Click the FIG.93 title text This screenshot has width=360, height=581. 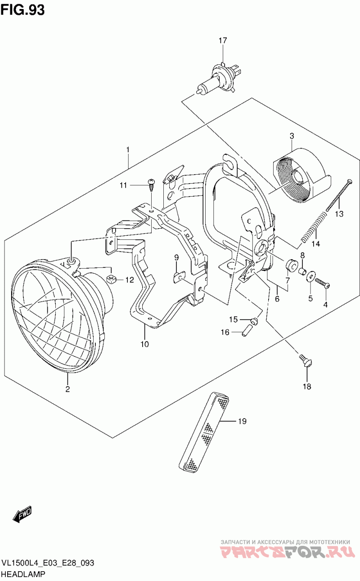(23, 10)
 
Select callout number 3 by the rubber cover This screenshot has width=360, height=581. (292, 135)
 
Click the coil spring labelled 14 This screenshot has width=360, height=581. (314, 227)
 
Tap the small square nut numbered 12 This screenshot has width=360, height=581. (111, 279)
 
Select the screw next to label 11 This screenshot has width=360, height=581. (151, 185)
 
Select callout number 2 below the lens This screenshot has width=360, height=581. (67, 389)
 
